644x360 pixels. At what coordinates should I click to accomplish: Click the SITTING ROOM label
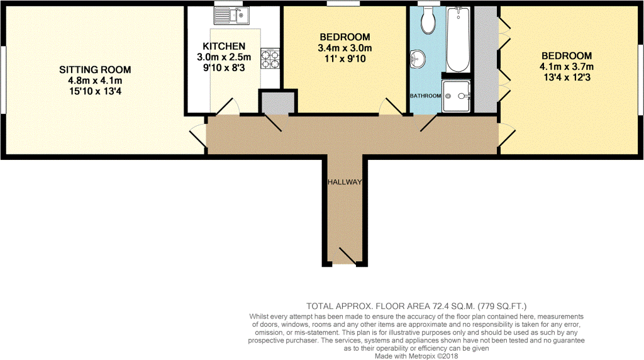[x=95, y=69]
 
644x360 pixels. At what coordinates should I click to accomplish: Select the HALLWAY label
[x=344, y=182]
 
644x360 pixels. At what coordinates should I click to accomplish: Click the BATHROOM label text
[x=425, y=96]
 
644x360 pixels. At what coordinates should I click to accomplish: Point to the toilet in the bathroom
[x=429, y=20]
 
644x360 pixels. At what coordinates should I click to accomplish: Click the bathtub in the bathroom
[x=458, y=40]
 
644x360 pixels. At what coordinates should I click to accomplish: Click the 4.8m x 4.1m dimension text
[x=95, y=80]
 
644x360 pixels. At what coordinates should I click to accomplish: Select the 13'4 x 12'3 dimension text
[x=566, y=77]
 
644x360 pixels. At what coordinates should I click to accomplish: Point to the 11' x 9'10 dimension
[x=344, y=59]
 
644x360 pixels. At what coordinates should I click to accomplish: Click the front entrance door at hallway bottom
[x=346, y=256]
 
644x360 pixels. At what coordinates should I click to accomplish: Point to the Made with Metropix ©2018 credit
[x=418, y=356]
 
